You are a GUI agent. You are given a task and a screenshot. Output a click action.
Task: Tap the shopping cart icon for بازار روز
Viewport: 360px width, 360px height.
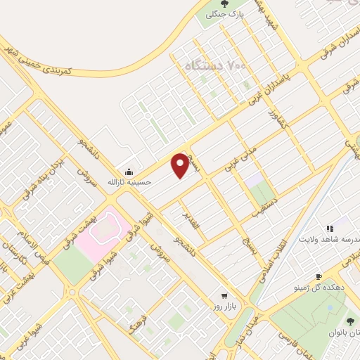(x=224, y=296)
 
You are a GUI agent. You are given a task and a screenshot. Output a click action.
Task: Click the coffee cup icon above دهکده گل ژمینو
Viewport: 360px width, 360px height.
(x=319, y=277)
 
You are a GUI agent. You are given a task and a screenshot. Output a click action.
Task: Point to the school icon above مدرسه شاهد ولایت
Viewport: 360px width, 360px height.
(x=328, y=228)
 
